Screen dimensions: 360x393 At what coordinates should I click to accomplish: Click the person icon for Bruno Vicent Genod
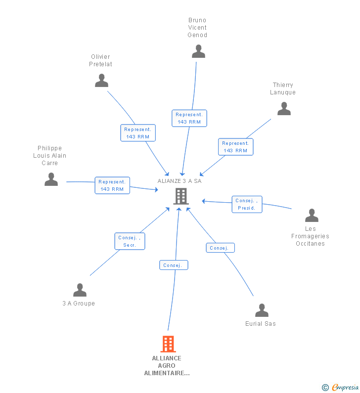click(x=198, y=51)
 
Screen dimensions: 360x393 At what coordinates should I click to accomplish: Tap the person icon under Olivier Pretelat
click(x=101, y=80)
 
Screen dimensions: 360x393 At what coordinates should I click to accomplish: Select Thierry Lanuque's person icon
click(x=284, y=108)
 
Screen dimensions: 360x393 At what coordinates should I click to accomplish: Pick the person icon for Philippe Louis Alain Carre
click(x=51, y=179)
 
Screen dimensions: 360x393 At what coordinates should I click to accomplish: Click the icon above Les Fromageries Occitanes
click(x=312, y=215)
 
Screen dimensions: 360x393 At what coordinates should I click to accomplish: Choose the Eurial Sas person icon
click(x=262, y=310)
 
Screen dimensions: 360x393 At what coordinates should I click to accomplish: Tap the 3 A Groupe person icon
click(x=80, y=290)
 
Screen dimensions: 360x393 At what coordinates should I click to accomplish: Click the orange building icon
click(x=168, y=344)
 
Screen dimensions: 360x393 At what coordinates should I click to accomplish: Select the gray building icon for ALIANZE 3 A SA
click(x=181, y=196)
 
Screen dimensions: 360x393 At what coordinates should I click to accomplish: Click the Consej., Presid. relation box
click(x=247, y=204)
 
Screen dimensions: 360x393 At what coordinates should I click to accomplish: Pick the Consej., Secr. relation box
click(x=130, y=241)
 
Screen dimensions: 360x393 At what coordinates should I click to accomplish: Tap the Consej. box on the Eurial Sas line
click(x=221, y=248)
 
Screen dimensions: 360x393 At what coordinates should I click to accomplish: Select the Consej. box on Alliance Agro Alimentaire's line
click(x=174, y=265)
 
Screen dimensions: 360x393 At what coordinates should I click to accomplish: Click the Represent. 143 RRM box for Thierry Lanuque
click(x=236, y=147)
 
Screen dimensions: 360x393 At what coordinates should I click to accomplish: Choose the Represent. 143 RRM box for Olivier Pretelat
click(x=138, y=132)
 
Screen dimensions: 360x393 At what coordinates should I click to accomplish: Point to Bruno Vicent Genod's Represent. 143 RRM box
click(x=189, y=118)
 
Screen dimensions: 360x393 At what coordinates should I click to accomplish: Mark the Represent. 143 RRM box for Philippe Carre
click(x=112, y=185)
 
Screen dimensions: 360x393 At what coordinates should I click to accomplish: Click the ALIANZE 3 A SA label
click(x=180, y=181)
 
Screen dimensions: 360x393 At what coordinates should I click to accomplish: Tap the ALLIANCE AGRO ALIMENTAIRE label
click(x=167, y=365)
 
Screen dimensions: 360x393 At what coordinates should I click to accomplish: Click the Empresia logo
click(x=340, y=388)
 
